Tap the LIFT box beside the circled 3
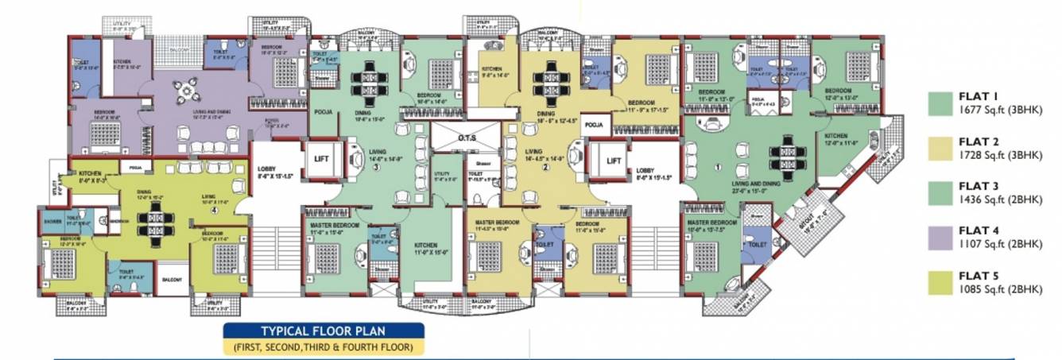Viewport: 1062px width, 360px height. click(x=321, y=159)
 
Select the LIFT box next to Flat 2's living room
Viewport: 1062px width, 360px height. click(x=614, y=160)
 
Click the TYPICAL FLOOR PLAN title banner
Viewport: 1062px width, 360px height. click(x=323, y=331)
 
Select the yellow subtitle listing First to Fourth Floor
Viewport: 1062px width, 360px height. click(x=323, y=347)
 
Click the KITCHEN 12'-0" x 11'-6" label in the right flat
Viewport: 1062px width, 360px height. click(x=841, y=141)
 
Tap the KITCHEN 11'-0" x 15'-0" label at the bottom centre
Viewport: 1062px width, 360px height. click(x=430, y=250)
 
